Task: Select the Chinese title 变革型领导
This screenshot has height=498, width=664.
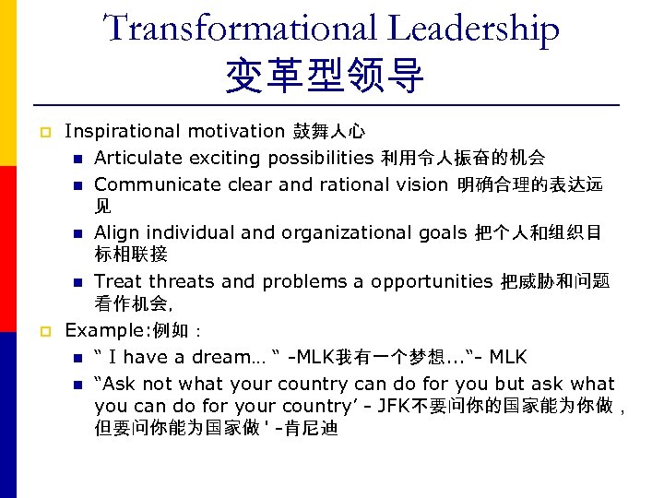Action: tap(326, 77)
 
